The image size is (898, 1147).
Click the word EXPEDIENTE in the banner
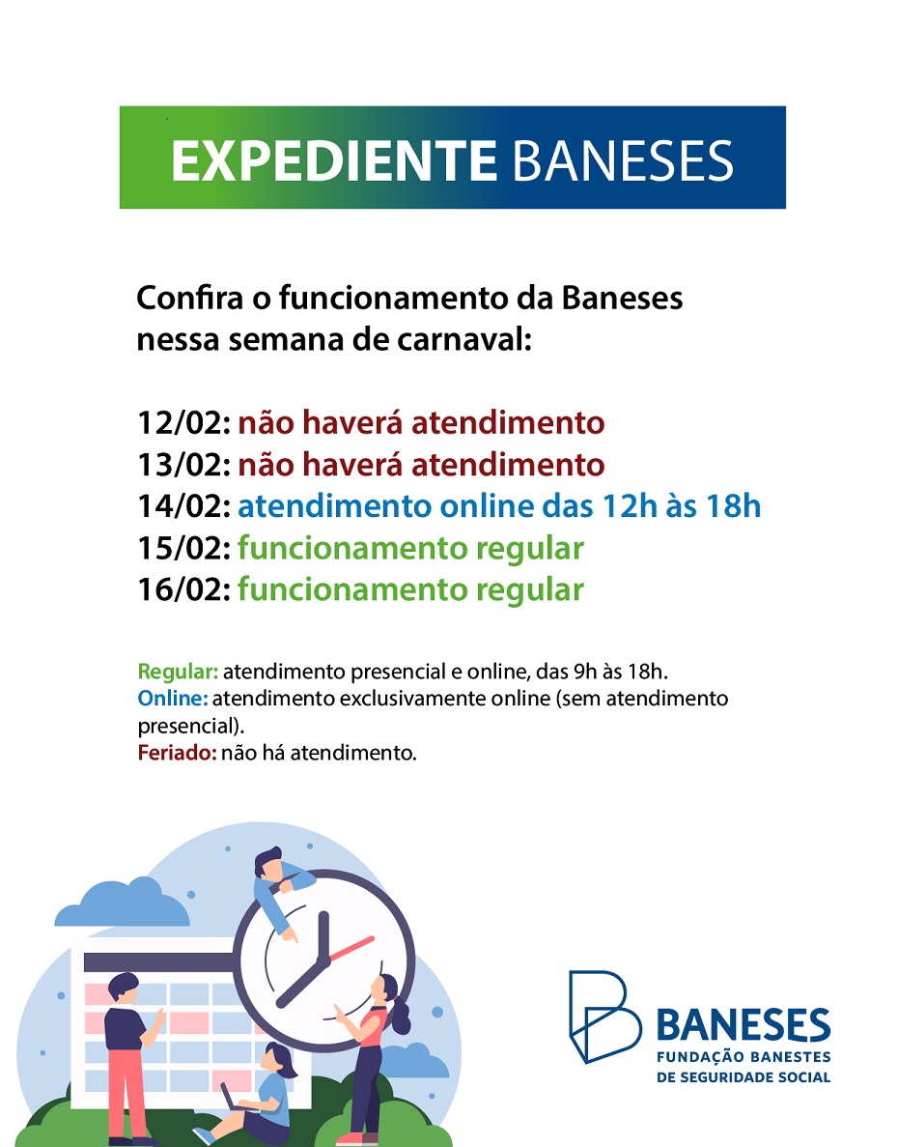point(334,160)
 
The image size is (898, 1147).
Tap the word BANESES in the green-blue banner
point(623,160)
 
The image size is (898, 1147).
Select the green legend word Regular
point(178,672)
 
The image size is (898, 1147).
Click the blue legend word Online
point(173,699)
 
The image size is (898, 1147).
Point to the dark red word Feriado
point(177,753)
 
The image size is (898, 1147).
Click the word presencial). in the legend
point(191,727)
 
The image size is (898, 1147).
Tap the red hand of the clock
point(351,948)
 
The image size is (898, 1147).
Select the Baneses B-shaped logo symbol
point(604,1017)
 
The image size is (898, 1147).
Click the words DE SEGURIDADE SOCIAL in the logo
point(744,1077)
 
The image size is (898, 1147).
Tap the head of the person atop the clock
point(268,864)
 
